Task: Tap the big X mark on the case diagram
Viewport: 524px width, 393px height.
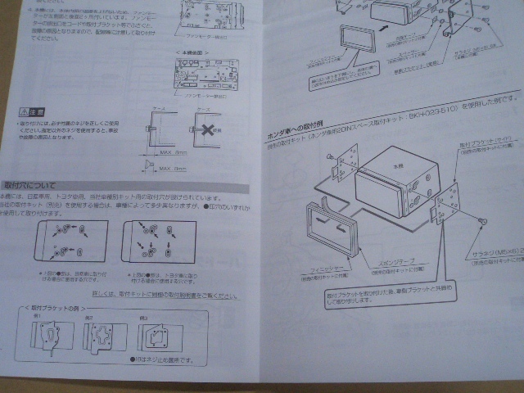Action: (210, 129)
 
